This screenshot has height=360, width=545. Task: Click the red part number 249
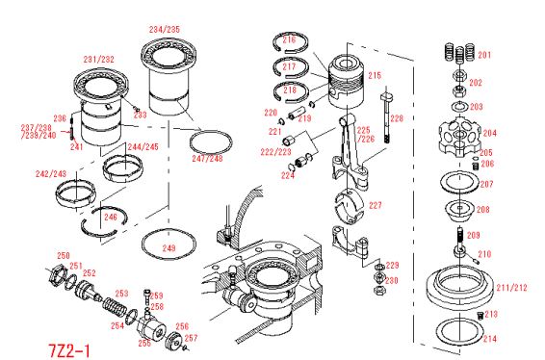coord(169,248)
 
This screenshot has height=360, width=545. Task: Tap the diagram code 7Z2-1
coord(69,350)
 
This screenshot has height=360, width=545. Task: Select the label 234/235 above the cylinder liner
coord(165,29)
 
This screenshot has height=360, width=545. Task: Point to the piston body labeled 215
coord(346,82)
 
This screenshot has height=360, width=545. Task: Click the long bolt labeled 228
coord(386,117)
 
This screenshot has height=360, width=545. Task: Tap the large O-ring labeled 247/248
coord(211,141)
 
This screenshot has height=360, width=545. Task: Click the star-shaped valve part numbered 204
coord(459,138)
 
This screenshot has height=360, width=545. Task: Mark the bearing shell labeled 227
coord(349,206)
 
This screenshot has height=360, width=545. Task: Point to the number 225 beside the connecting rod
coord(363,130)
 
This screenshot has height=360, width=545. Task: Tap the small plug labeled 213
coord(480,316)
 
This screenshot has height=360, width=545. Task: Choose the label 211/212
coord(511,288)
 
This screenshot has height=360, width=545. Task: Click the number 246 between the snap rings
coord(111,218)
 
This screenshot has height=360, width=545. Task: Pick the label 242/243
coord(51,173)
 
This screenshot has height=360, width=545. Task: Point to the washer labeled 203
coord(459,106)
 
